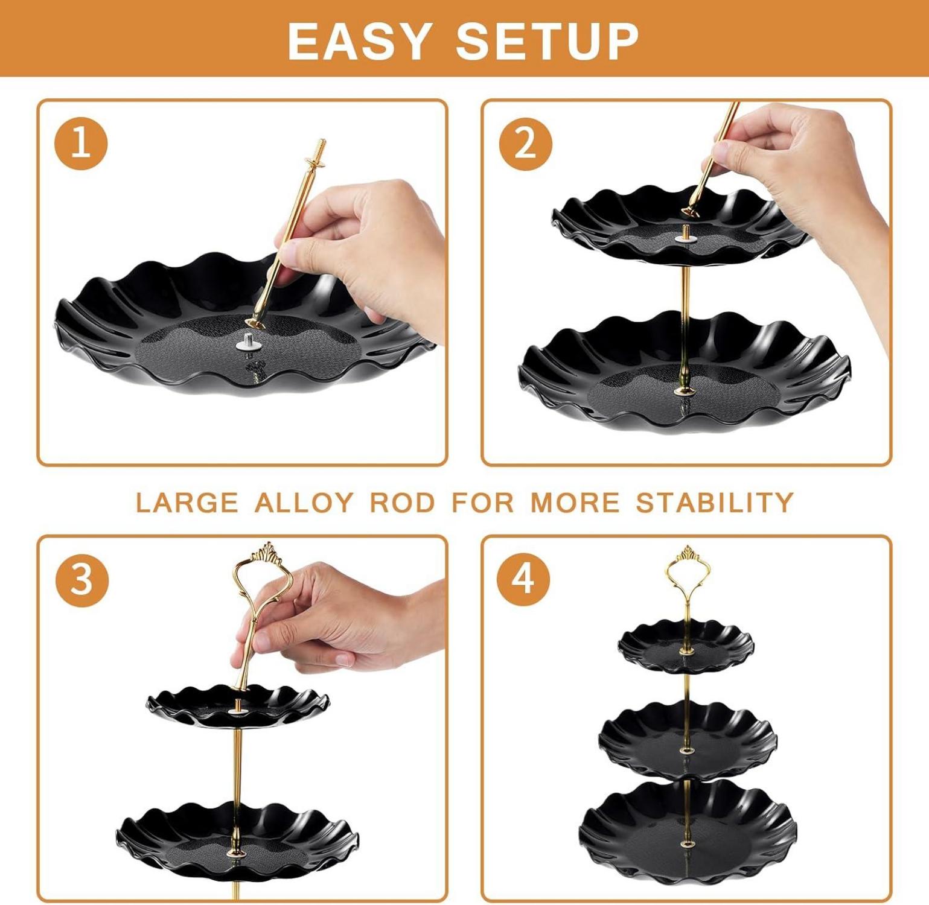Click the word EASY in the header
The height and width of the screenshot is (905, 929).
click(x=360, y=41)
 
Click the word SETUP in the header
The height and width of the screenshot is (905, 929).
click(x=547, y=41)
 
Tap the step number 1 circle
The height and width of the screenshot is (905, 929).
click(x=81, y=144)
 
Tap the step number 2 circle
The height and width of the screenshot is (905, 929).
click(x=525, y=144)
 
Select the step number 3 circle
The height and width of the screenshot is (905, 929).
click(x=82, y=580)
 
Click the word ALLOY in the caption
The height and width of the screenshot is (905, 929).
click(x=304, y=502)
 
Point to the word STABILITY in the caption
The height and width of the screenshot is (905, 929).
click(x=715, y=502)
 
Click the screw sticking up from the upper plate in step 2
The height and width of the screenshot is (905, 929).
click(x=686, y=232)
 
